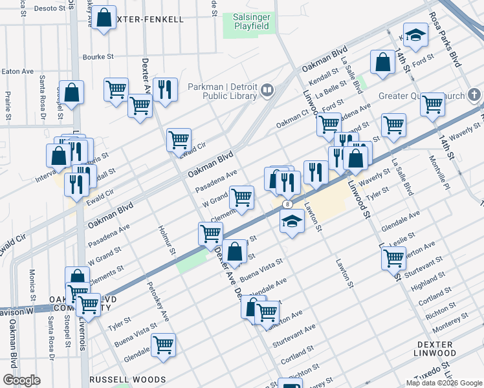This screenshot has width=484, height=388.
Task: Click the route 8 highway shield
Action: click(286, 204)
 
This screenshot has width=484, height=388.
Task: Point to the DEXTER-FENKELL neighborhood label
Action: click(151, 19)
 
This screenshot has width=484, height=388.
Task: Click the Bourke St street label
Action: click(98, 57)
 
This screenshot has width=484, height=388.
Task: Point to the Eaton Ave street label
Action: click(17, 72)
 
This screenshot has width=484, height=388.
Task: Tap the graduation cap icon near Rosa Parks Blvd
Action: click(415, 35)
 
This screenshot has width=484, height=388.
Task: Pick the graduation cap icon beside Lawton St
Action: click(292, 222)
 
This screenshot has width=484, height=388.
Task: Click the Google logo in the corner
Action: click(21, 380)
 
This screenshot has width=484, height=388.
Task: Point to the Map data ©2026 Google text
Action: click(443, 383)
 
